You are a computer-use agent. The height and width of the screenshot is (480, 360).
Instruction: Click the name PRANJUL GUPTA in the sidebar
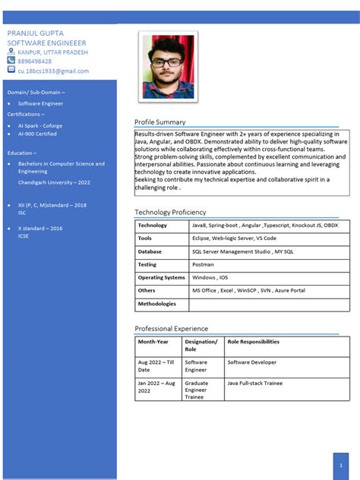tap(35, 35)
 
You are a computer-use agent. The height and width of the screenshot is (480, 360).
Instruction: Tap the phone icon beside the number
tap(11, 61)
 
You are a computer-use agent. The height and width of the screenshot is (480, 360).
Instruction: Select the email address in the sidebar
tap(53, 71)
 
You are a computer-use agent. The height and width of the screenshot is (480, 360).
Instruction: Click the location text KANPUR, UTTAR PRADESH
tap(52, 52)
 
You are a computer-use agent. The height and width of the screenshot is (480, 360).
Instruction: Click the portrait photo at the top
tap(168, 67)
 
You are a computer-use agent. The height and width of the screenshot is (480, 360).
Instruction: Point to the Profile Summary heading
tap(159, 122)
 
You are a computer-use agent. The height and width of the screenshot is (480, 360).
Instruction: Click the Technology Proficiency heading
tap(170, 213)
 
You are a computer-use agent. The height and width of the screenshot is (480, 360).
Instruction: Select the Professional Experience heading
tap(171, 329)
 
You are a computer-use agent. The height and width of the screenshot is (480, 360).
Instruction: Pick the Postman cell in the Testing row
tap(203, 264)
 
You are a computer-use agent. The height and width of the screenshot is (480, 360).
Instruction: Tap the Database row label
tap(150, 251)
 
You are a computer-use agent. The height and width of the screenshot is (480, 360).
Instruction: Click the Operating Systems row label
tap(161, 277)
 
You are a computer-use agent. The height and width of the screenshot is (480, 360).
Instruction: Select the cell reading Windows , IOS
tap(210, 277)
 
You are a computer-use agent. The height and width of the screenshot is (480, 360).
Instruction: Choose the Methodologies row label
tap(156, 304)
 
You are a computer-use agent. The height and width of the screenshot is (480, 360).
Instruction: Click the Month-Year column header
tap(153, 342)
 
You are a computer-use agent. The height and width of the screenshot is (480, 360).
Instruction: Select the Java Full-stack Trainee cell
tap(254, 384)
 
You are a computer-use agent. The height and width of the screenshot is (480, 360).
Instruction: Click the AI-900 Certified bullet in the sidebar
tap(37, 134)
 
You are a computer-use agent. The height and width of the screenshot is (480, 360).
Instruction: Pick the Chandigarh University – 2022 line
tap(54, 182)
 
